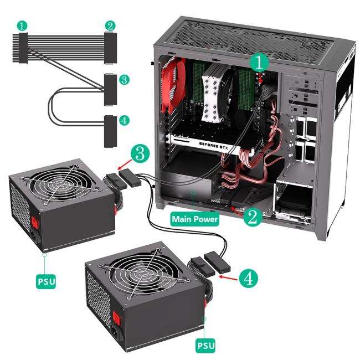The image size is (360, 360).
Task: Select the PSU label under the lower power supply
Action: (x=205, y=345)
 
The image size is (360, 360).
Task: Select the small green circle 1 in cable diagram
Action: (x=22, y=25)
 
